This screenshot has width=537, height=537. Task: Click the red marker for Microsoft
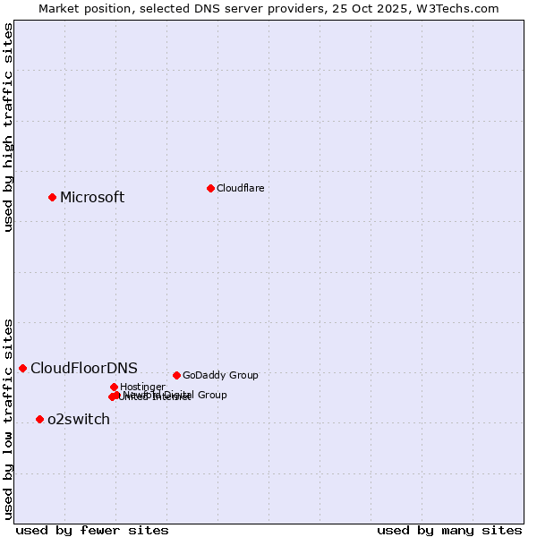pos(52,197)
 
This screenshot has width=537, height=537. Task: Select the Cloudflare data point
pos(210,188)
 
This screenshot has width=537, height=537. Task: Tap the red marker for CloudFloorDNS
pos(22,368)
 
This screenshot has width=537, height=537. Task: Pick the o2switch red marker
pos(39,419)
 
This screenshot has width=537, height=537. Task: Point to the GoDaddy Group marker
pos(176,375)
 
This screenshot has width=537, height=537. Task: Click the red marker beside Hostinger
pos(114,387)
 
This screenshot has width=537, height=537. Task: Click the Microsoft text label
pos(92,198)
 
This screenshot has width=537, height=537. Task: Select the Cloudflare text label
pos(240,188)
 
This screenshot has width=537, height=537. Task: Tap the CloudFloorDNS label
pos(84,369)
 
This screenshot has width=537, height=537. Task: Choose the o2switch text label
pos(79,420)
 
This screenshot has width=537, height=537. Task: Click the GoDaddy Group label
pos(220,376)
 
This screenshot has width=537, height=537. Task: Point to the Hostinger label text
pos(142,387)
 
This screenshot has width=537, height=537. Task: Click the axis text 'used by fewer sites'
pos(92,530)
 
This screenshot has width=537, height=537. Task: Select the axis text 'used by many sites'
pos(449,530)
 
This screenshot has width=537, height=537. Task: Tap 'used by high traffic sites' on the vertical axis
pos(8,127)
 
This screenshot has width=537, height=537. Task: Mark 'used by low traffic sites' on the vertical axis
pos(8,418)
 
